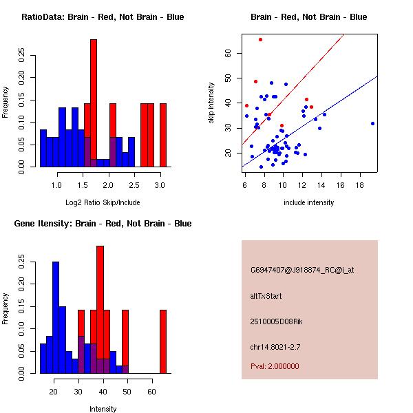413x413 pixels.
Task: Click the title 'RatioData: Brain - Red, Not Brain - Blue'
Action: click(103, 17)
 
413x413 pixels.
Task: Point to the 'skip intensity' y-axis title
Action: click(211, 103)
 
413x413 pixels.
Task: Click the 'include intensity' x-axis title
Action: click(309, 202)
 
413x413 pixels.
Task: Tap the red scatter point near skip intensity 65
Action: click(260, 39)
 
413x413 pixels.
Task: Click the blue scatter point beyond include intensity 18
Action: click(372, 124)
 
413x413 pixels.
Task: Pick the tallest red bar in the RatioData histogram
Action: click(94, 103)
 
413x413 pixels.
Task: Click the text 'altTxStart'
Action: click(266, 296)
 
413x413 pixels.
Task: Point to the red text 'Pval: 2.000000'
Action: click(275, 366)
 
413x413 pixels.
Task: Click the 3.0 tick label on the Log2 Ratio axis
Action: click(160, 185)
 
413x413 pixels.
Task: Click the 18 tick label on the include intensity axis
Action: click(360, 185)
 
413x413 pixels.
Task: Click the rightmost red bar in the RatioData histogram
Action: click(163, 135)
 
